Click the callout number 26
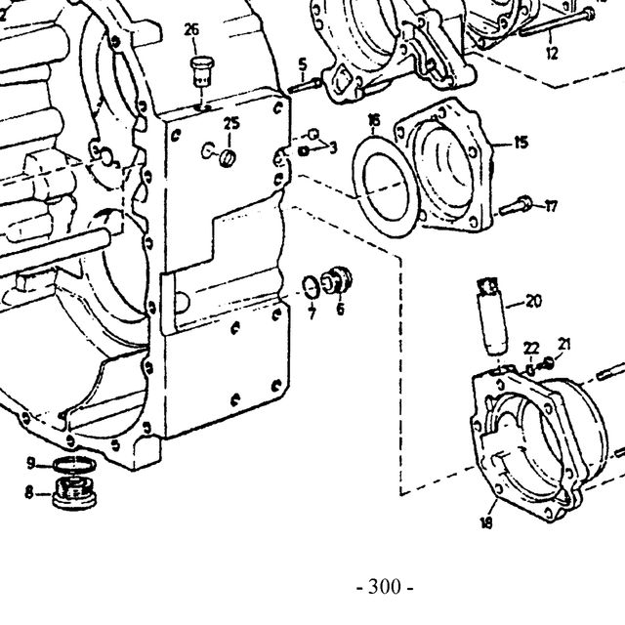[191, 29]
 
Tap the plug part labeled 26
[203, 71]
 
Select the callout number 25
[231, 124]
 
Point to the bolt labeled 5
[305, 86]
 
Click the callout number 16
[374, 120]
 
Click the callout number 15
[521, 143]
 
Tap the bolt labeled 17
[516, 206]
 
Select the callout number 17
[551, 207]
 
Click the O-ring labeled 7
[312, 287]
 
